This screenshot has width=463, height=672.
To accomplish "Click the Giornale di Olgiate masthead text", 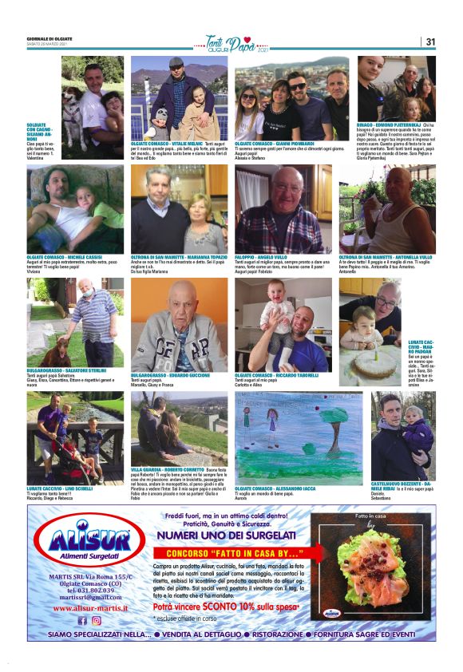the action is (x=50, y=38).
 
